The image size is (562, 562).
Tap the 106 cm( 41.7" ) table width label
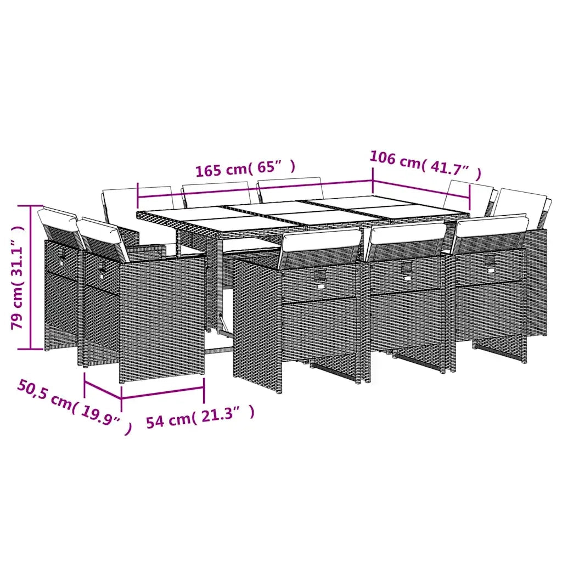point(425,165)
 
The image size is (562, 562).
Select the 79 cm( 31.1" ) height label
point(18,277)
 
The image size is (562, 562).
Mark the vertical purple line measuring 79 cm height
point(31,277)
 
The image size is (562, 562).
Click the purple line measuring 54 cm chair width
point(162,392)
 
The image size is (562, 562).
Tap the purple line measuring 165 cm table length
point(255,189)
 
